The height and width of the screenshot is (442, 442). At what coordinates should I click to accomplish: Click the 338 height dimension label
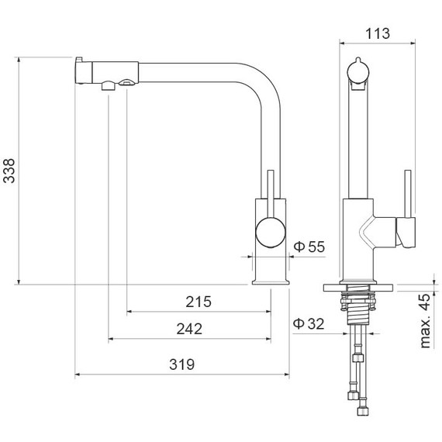[x=9, y=171]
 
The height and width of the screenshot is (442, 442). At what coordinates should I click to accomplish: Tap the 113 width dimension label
[x=378, y=33]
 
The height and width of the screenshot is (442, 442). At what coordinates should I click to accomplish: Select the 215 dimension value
[x=199, y=302]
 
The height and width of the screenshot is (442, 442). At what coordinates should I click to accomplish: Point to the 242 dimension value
[x=189, y=329]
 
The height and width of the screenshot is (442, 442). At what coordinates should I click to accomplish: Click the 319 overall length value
[x=181, y=364]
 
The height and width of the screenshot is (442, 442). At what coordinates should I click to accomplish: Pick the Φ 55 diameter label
[x=309, y=247]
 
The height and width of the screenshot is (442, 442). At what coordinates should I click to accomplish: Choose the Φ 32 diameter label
[x=309, y=323]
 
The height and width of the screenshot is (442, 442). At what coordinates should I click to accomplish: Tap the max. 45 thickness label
[x=426, y=321]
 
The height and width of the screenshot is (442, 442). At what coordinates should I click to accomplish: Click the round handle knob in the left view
[x=271, y=233]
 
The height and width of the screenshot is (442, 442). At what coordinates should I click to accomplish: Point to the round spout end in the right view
[x=358, y=72]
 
